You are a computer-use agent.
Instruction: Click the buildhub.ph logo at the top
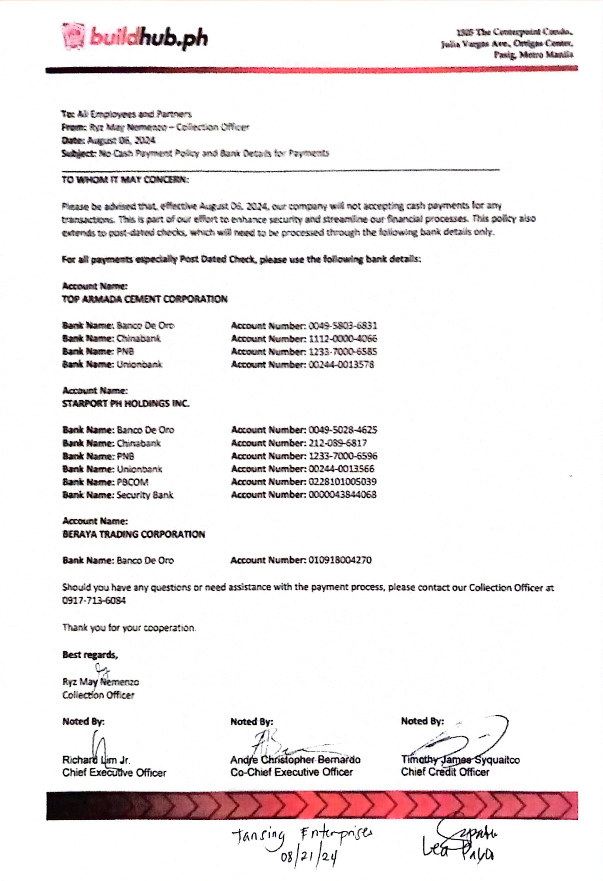[135, 38]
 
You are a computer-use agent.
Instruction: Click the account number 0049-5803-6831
[342, 326]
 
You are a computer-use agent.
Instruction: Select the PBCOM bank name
[132, 482]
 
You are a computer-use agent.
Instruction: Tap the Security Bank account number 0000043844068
[342, 495]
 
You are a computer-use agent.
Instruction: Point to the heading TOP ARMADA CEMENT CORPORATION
[145, 300]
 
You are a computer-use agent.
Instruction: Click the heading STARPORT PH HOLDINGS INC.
[125, 404]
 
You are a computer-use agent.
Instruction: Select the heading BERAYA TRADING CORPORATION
[133, 534]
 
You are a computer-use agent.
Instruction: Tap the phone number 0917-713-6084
[94, 601]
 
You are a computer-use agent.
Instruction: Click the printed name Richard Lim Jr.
[96, 760]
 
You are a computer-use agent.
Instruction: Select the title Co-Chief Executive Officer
[291, 772]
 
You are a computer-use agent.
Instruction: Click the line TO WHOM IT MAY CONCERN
[125, 180]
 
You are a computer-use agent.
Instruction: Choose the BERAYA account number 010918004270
[340, 560]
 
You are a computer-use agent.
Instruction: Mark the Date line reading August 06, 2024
[108, 140]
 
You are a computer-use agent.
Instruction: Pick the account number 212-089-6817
[338, 443]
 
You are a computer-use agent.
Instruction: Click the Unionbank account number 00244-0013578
[341, 365]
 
